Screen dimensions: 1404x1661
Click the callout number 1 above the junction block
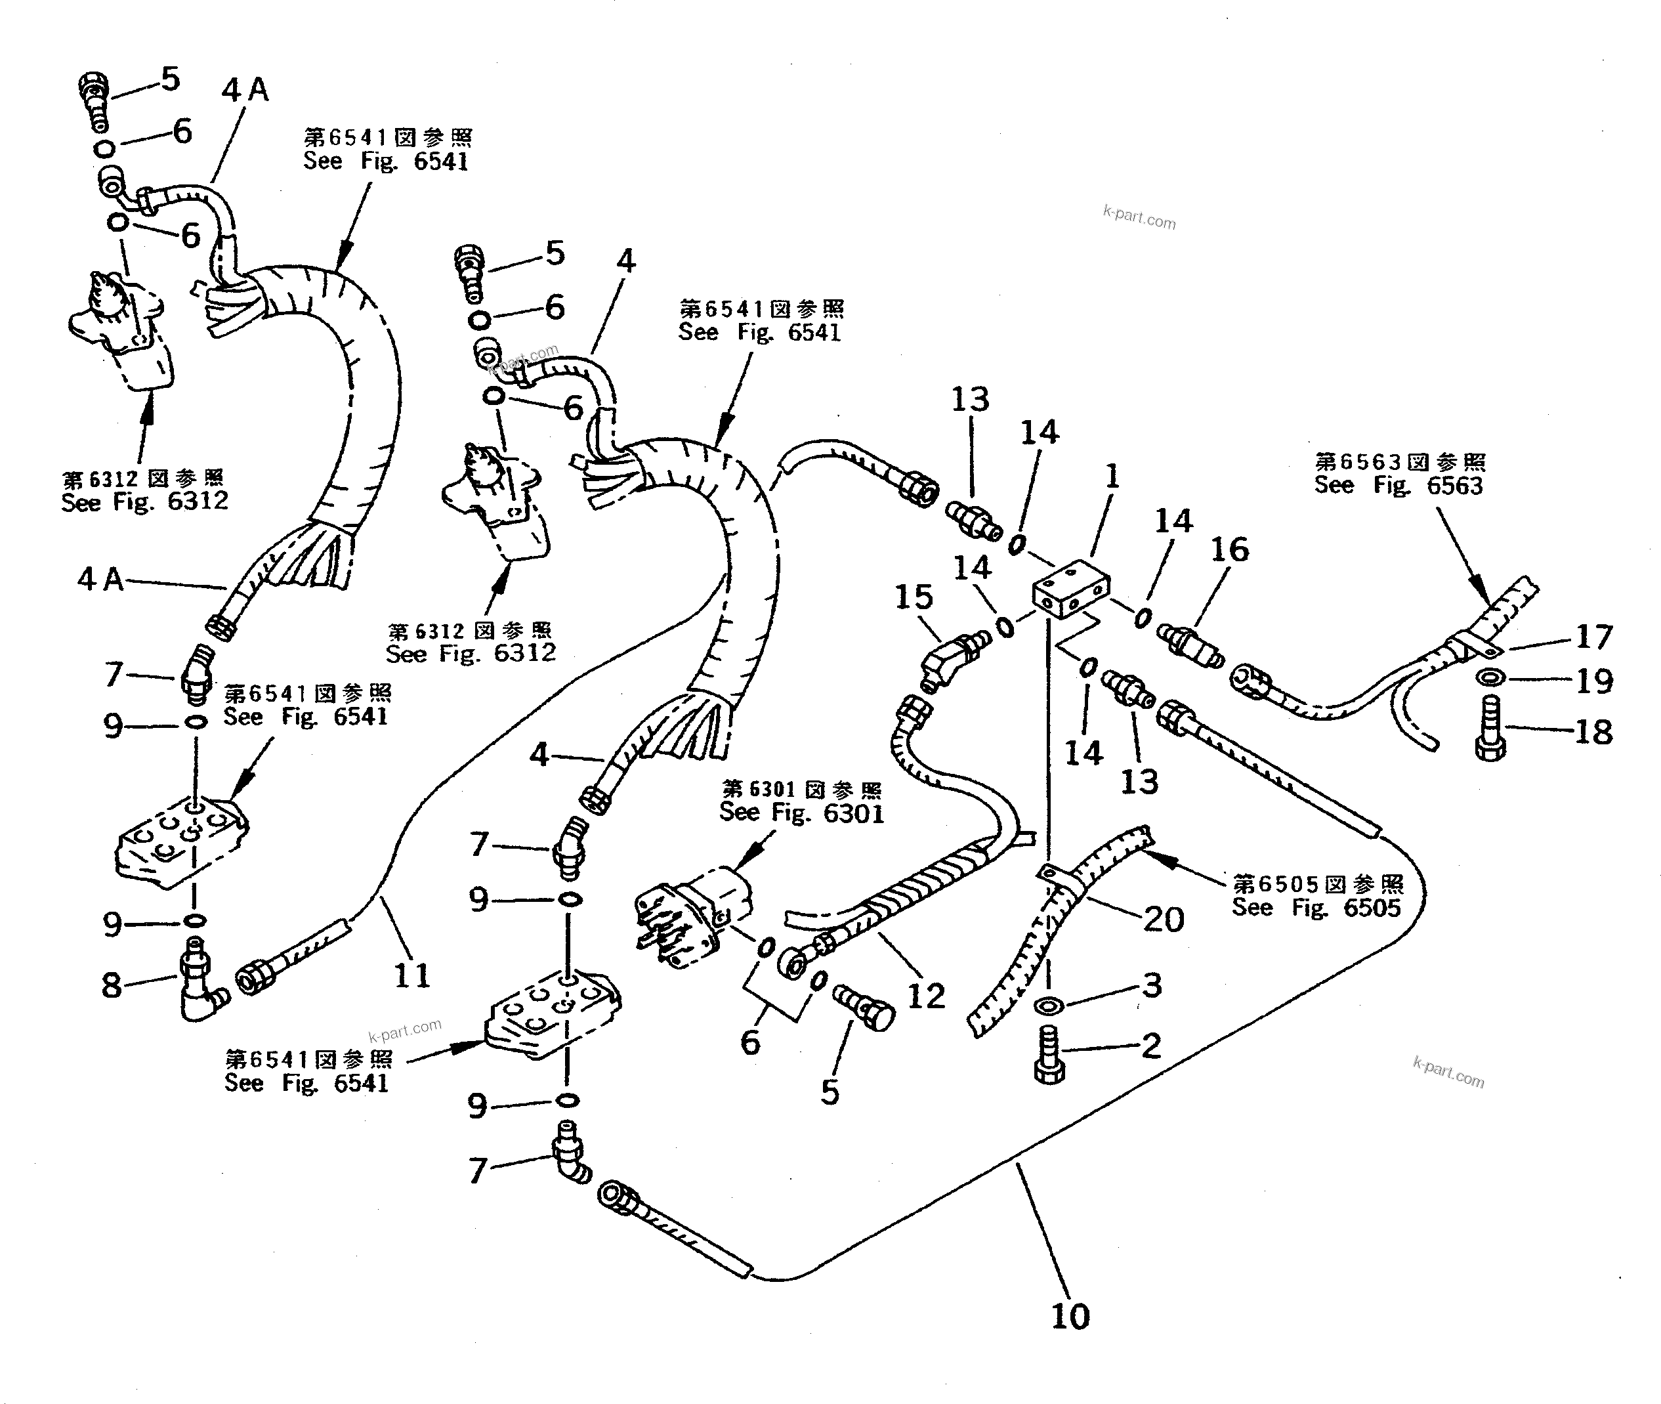click(x=1112, y=477)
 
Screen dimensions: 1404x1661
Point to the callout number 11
click(x=411, y=975)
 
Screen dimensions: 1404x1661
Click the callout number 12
click(x=925, y=996)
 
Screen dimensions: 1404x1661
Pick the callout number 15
click(x=913, y=597)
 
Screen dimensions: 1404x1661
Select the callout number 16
click(x=1230, y=549)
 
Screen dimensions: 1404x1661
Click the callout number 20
click(x=1164, y=920)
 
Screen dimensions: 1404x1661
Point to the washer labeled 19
click(x=1490, y=678)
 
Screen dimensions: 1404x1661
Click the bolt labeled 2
click(x=1049, y=1055)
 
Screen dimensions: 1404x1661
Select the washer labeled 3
click(x=1049, y=1007)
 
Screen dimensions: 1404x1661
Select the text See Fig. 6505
click(x=1316, y=907)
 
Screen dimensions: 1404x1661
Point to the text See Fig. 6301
click(x=801, y=813)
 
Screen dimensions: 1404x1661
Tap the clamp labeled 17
click(x=1469, y=647)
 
